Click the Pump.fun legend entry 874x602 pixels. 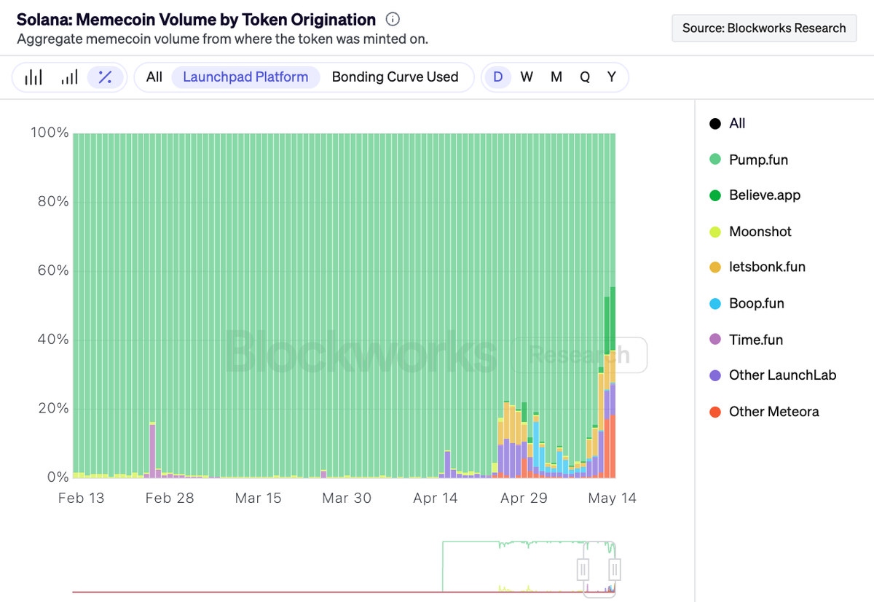click(758, 160)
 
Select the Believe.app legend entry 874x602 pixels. click(765, 195)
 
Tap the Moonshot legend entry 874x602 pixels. click(760, 232)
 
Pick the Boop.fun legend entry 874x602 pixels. click(756, 303)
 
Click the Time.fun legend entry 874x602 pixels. click(755, 340)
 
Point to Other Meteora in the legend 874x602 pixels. click(773, 412)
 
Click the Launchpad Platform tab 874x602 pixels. click(245, 77)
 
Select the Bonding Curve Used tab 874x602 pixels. click(395, 77)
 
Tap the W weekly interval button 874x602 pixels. click(527, 77)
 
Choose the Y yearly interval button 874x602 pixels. click(612, 77)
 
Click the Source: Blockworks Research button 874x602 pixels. click(764, 28)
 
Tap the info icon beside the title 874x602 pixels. click(393, 20)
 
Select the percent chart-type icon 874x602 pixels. click(105, 77)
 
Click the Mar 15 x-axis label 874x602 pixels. click(258, 498)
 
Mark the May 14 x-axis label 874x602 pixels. click(612, 498)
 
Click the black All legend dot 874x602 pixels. click(715, 124)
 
